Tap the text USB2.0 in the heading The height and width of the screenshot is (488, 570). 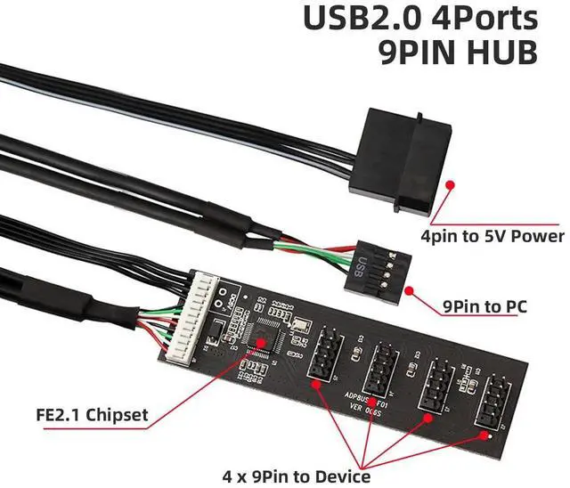(x=354, y=18)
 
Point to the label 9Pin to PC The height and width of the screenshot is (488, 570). (x=484, y=307)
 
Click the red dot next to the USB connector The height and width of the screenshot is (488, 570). (x=408, y=290)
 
